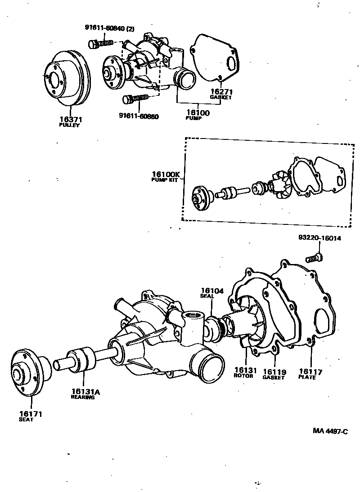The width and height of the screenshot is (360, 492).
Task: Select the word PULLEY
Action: pos(69,125)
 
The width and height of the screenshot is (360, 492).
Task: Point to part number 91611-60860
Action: pos(139,116)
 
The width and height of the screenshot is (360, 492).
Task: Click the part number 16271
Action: pos(220,91)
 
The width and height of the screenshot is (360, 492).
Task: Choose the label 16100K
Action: pos(165,174)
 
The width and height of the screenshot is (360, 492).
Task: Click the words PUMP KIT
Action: pos(164,180)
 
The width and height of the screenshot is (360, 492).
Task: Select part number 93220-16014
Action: pos(319,238)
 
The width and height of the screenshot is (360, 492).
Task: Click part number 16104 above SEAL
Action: pos(212,291)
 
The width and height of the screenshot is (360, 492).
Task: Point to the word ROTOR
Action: pos(243,376)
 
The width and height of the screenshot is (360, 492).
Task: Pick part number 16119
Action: pos(274,372)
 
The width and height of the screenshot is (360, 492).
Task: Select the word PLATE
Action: pos(307,377)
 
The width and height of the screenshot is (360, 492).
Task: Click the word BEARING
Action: pos(83,398)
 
